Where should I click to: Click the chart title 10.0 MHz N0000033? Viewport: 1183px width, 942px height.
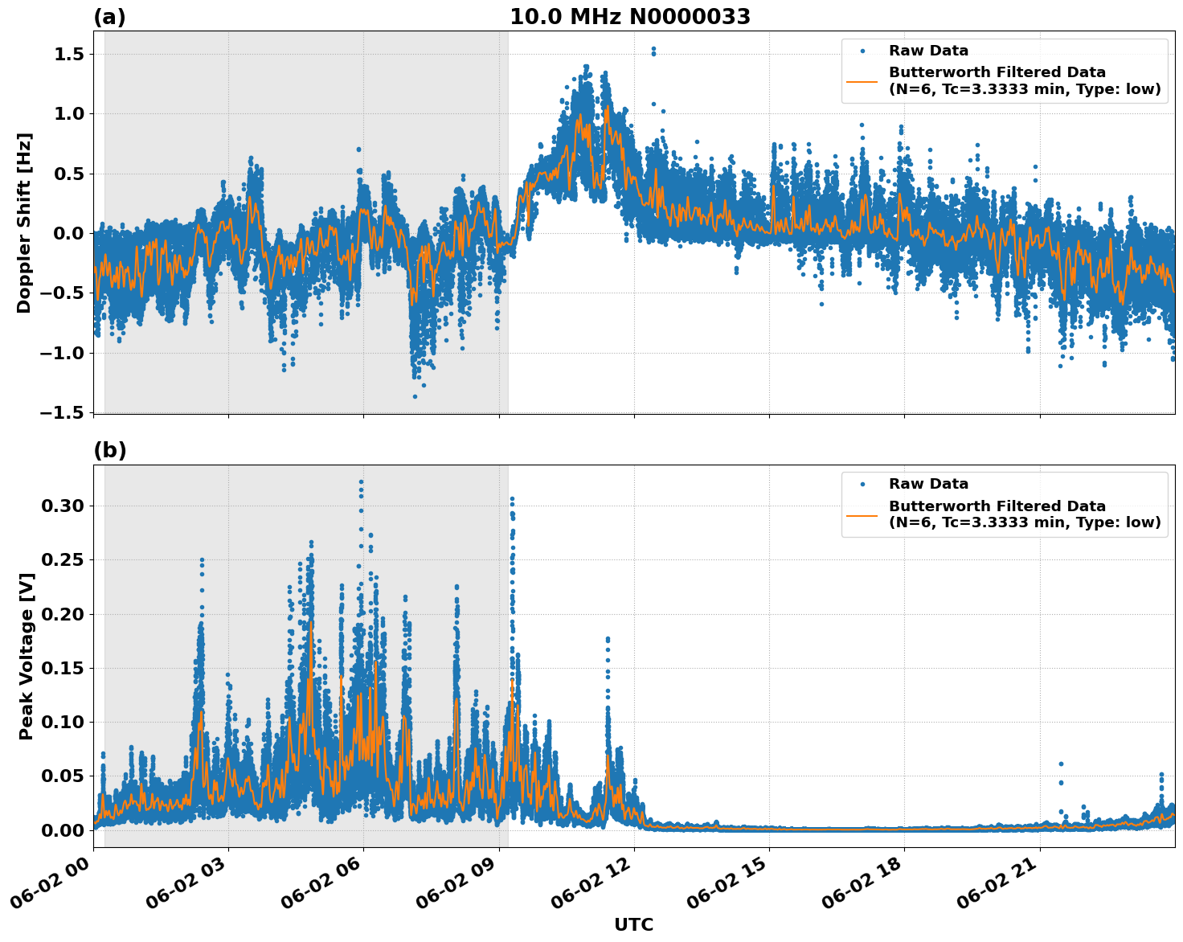coord(629,17)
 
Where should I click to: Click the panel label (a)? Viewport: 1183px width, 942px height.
coord(109,17)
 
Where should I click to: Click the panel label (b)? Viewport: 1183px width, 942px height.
coord(109,450)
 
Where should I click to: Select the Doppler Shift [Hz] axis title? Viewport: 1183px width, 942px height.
coord(24,223)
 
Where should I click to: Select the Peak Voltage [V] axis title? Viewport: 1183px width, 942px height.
coord(27,656)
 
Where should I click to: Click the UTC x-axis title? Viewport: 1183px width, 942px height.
coord(633,924)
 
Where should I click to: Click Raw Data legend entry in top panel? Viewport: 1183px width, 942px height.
coord(928,51)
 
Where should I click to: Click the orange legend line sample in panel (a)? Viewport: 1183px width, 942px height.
coord(862,80)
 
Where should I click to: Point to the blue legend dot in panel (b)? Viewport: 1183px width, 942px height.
coord(862,484)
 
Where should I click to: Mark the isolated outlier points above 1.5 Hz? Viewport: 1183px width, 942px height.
coord(653,51)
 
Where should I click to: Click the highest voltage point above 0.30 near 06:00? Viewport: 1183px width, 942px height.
coord(361,482)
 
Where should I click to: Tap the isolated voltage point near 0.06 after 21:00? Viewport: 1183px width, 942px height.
coord(1061,764)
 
